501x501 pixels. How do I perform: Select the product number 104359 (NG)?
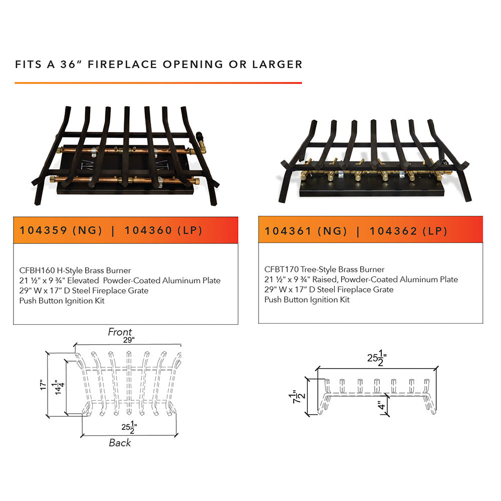coord(61,230)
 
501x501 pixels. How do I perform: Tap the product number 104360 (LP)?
coord(163,230)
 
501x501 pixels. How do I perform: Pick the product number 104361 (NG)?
coord(306,231)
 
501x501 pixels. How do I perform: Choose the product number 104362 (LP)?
coord(408,231)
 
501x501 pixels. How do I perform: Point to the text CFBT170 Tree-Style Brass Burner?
coord(325,270)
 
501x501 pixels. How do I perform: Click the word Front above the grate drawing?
coord(120,332)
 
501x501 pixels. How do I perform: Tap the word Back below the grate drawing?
coord(120,443)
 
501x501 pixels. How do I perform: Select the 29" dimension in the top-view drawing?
coord(129,340)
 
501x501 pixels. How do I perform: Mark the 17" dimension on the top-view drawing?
coord(43,385)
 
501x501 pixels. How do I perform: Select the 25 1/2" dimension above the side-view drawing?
coord(376,359)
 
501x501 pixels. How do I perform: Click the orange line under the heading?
coord(158,83)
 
